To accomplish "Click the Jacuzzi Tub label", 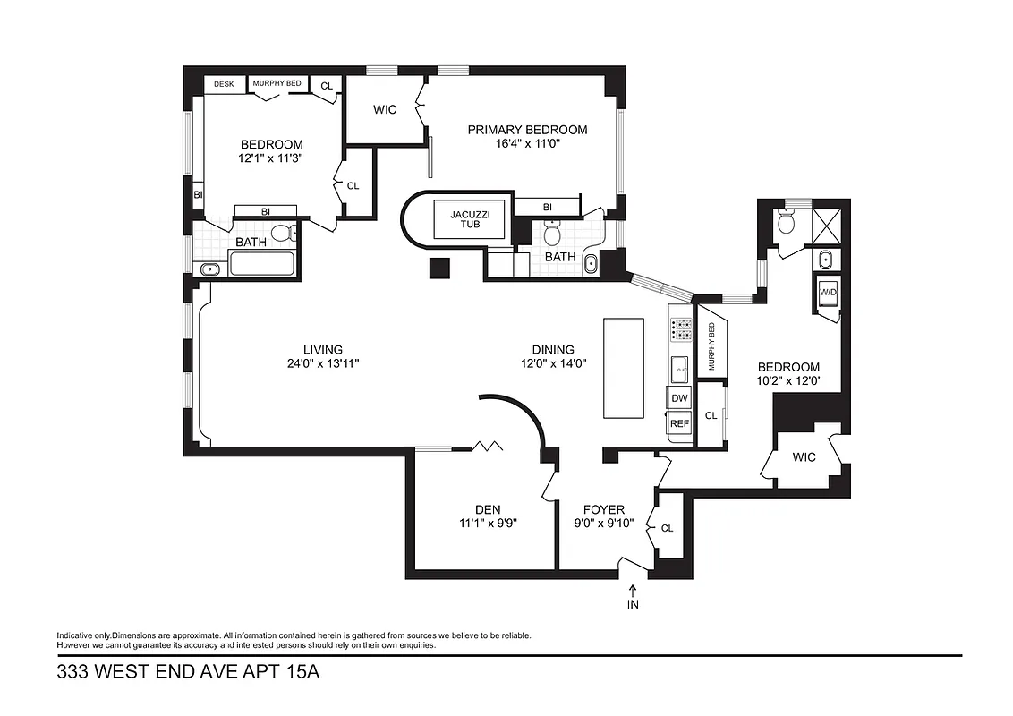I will coord(469,219).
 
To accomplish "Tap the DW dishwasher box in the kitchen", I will coord(679,397).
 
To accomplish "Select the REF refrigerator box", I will coord(679,423).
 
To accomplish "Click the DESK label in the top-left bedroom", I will coord(224,84).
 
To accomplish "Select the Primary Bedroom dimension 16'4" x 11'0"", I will coord(527,144).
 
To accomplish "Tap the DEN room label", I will coord(487,509).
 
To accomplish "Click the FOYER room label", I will coord(603,509).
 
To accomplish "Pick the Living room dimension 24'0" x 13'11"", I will coord(322,363).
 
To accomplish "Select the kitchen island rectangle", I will coord(623,367).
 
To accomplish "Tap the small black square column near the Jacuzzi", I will coord(438,268).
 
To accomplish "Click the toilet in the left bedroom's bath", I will coord(283,234).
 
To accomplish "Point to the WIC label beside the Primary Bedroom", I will coord(385,109).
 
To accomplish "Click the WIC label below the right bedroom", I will coord(804,457).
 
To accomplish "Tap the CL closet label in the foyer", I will coord(667,528).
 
